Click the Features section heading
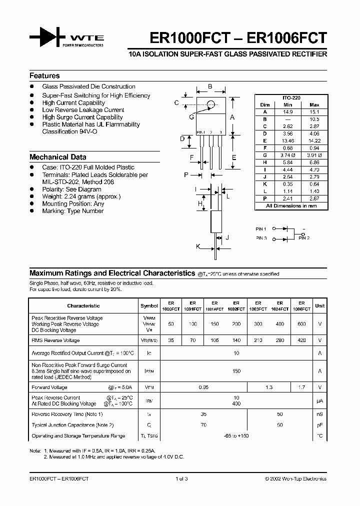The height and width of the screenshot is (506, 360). pyautogui.click(x=44, y=76)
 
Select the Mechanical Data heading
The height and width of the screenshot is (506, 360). pyautogui.click(x=57, y=156)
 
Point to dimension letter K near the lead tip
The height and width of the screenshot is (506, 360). pyautogui.click(x=198, y=246)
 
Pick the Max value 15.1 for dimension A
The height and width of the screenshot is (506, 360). pyautogui.click(x=314, y=112)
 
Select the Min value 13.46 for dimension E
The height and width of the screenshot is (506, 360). pyautogui.click(x=287, y=141)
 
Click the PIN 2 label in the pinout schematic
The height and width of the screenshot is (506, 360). pyautogui.click(x=304, y=238)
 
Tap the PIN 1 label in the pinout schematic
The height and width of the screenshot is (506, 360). pyautogui.click(x=261, y=228)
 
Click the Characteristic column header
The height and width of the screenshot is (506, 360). pyautogui.click(x=83, y=305)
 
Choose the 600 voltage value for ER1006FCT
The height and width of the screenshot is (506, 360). pyautogui.click(x=301, y=324)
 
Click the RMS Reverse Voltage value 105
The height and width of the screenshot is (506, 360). pyautogui.click(x=214, y=340)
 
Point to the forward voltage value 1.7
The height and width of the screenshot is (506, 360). pyautogui.click(x=301, y=387)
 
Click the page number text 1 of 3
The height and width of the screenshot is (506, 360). pyautogui.click(x=181, y=478)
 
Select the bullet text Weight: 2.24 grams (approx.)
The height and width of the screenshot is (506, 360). pyautogui.click(x=81, y=196)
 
